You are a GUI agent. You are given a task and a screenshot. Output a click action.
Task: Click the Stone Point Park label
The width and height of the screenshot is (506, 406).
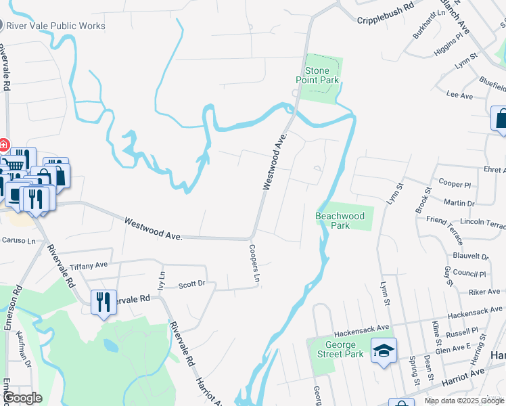pos(317,75)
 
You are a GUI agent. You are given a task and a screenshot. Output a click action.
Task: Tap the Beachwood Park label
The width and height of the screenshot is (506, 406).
pos(340,221)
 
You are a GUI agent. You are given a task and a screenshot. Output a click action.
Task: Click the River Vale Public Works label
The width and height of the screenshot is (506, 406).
pos(55,26)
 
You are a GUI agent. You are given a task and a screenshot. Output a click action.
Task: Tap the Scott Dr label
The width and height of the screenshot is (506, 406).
pos(191,284)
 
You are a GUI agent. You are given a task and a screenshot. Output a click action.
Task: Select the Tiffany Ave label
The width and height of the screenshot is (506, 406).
pos(89,265)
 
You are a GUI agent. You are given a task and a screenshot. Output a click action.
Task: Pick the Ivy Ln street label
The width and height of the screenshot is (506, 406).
pos(161,280)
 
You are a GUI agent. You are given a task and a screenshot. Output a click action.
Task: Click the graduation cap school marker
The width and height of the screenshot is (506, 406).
pos(384,351)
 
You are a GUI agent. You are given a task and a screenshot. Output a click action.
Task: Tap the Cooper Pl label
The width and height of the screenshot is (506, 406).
pos(455,184)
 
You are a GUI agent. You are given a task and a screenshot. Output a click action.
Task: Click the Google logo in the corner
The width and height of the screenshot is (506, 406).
pos(22,398)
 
